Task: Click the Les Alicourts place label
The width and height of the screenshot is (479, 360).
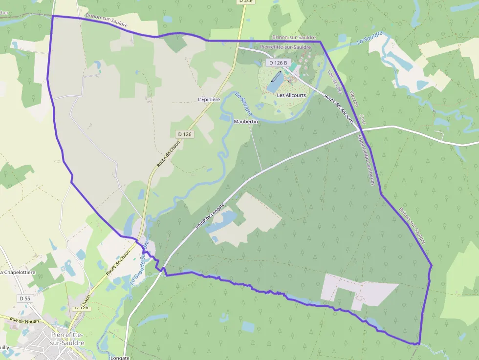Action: (x=291, y=95)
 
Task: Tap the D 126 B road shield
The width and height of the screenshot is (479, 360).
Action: (x=278, y=63)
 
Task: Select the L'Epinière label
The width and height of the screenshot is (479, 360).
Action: (x=209, y=99)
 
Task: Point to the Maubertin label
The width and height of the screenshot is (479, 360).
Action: (x=245, y=121)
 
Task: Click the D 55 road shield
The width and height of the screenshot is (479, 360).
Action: (x=24, y=298)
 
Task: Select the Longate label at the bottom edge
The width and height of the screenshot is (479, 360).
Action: (x=120, y=358)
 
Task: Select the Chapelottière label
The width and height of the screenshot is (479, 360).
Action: (x=17, y=272)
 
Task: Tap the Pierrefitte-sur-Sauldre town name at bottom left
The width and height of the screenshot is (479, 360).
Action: (x=67, y=339)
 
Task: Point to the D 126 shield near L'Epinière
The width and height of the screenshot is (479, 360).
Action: (x=185, y=134)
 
